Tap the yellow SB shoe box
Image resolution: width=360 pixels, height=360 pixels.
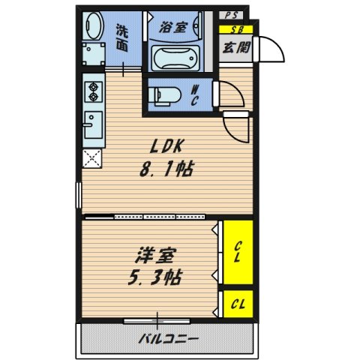point(236,30)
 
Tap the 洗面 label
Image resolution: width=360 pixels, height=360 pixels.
point(122,37)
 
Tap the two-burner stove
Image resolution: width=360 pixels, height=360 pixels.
point(95,91)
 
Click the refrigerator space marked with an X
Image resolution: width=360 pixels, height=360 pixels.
point(94,158)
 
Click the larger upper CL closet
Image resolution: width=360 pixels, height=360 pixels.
point(237,253)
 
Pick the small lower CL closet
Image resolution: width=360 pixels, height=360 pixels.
point(237,304)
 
